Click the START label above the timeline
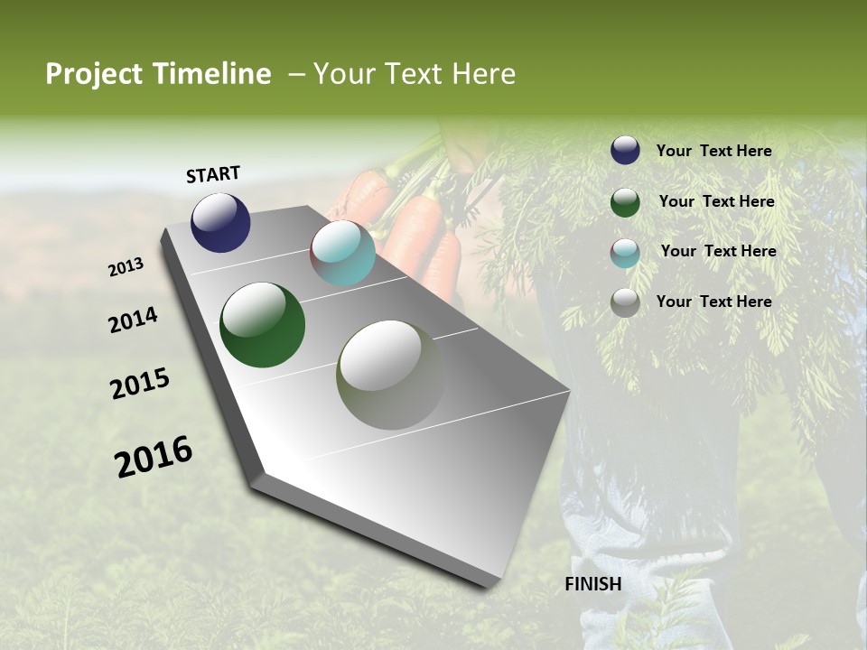tap(213, 174)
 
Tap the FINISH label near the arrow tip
tap(592, 584)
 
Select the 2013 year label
tap(126, 267)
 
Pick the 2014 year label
tap(133, 320)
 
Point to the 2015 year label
tap(140, 384)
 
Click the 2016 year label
tap(154, 457)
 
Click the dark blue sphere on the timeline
tap(220, 222)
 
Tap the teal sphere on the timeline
tap(342, 254)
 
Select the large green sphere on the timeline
tap(262, 325)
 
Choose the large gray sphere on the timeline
tap(390, 375)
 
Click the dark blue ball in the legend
tap(625, 151)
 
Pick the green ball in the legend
tap(625, 202)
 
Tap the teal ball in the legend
tap(625, 253)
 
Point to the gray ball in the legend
tap(625, 302)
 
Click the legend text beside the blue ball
tap(713, 151)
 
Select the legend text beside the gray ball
tap(713, 302)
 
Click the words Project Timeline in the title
tap(158, 74)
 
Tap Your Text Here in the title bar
tap(414, 74)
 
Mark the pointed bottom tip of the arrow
tap(492, 582)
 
